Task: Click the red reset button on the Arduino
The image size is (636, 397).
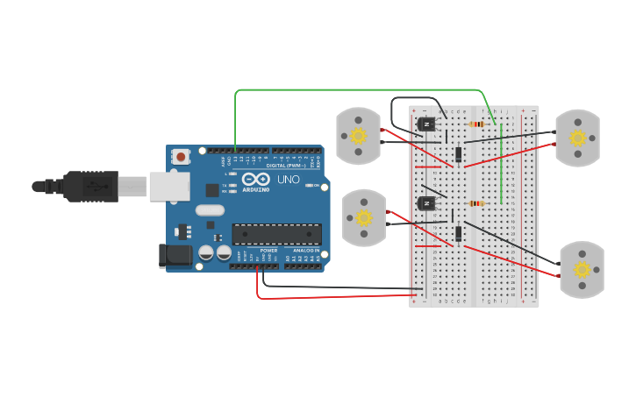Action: [x=181, y=157]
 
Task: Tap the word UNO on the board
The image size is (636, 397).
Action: [x=289, y=180]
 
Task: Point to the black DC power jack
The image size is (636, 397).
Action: [x=175, y=255]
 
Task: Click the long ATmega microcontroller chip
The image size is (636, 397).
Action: [x=276, y=234]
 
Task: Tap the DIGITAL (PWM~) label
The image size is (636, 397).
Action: [x=288, y=165]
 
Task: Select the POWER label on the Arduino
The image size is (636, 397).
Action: [x=268, y=250]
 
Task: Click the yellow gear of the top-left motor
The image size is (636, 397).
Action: [x=358, y=136]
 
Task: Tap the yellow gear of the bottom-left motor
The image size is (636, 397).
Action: [x=364, y=217]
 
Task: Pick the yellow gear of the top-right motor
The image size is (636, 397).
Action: [x=577, y=138]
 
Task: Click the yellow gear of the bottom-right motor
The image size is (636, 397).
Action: [x=582, y=269]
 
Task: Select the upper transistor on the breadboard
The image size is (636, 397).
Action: [x=426, y=124]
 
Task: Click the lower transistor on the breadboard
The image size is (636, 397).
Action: [x=426, y=203]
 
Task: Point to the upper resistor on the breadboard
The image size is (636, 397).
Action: [x=476, y=124]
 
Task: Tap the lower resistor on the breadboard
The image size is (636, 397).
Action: [x=476, y=203]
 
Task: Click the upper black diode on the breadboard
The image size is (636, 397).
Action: [x=459, y=154]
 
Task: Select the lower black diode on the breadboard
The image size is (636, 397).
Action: [x=459, y=233]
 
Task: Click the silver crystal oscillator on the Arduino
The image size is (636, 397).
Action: [x=210, y=210]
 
